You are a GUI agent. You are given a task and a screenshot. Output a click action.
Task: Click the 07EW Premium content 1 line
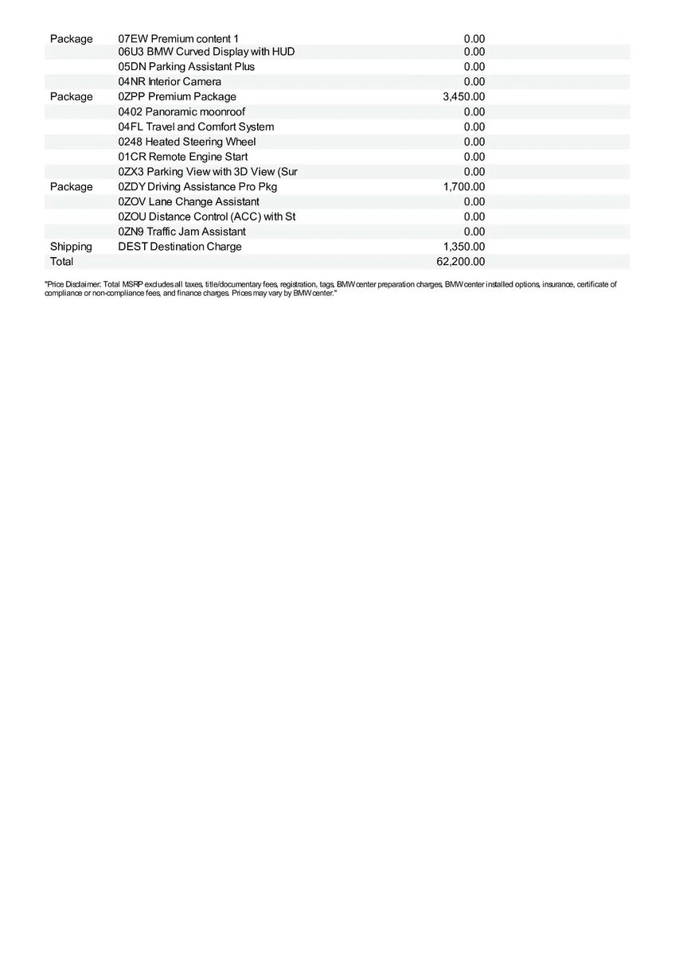(178, 38)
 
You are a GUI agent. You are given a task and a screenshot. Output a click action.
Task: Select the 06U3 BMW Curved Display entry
(206, 52)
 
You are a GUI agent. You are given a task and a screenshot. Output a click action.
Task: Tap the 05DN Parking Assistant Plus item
(186, 67)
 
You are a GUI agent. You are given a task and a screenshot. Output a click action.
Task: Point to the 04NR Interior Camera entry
(170, 82)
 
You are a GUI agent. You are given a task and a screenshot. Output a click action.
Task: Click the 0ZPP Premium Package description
(177, 97)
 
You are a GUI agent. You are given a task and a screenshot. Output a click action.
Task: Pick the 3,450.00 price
(463, 97)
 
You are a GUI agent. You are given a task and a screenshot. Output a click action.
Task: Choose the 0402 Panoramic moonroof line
(181, 112)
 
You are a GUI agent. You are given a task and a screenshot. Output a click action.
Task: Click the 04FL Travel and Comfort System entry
(196, 127)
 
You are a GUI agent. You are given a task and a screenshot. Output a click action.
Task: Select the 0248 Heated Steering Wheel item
(187, 142)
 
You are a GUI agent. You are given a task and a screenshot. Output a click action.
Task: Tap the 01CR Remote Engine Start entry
(183, 157)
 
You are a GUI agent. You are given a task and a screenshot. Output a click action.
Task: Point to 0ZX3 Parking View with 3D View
(208, 172)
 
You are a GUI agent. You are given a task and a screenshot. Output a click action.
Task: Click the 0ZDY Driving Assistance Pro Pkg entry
(197, 187)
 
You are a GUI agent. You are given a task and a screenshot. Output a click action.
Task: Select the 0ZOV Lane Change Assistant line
(189, 202)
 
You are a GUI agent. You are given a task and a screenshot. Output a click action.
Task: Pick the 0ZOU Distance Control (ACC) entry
(207, 216)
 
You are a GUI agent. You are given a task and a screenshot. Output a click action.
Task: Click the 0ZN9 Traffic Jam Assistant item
(181, 232)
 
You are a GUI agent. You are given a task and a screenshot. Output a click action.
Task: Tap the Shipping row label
(71, 247)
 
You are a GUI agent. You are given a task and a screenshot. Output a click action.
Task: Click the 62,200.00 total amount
(461, 262)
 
